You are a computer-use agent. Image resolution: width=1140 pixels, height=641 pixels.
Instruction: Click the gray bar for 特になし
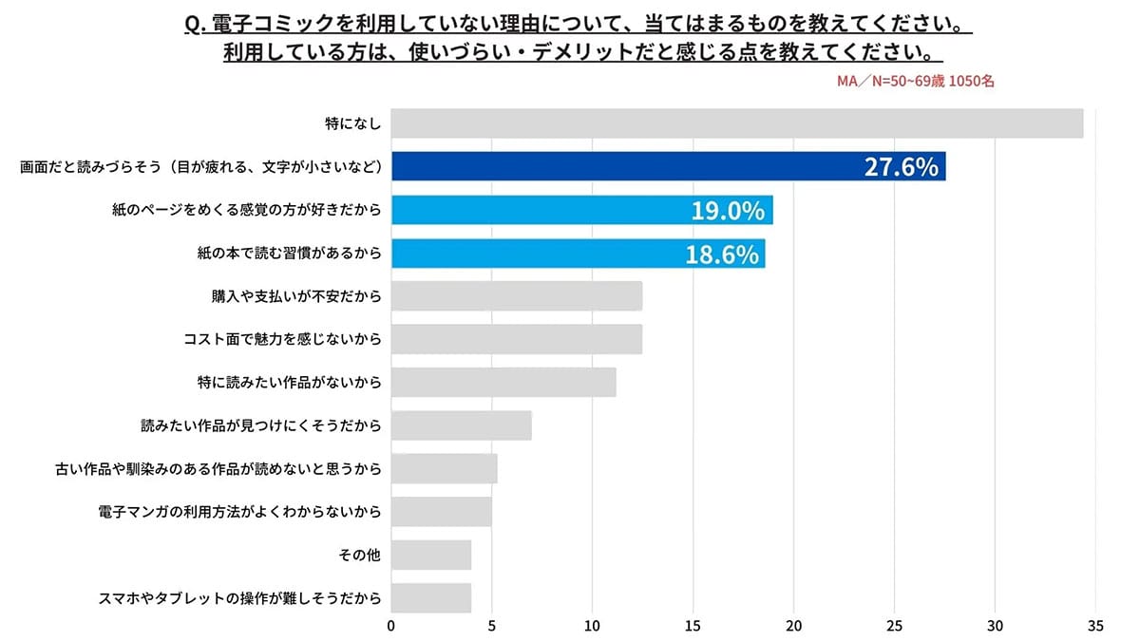736,123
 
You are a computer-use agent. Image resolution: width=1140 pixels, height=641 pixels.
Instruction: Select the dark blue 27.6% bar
668,166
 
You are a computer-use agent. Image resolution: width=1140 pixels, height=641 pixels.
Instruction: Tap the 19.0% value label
727,210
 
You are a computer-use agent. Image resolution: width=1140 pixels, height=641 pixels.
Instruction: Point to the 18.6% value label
721,254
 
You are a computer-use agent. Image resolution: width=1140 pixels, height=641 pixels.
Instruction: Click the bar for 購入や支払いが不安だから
516,296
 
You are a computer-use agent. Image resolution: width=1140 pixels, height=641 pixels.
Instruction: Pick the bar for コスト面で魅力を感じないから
516,339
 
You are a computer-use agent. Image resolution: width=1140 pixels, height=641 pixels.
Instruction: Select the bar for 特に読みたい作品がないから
503,382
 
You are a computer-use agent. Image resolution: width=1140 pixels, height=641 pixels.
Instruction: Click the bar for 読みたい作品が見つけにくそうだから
461,425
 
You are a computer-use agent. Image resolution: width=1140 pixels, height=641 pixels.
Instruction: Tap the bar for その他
430,555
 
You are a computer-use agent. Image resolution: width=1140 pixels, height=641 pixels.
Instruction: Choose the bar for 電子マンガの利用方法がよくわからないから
441,512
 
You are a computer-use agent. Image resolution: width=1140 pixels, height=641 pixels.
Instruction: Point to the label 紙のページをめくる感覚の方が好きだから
246,210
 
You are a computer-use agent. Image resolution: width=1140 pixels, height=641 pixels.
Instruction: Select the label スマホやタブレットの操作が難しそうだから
239,598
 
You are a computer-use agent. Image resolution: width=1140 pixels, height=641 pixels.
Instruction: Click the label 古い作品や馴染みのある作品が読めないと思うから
219,469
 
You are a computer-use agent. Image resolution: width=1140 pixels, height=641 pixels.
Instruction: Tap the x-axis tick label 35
1095,626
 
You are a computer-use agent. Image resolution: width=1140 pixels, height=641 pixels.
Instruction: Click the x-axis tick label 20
793,626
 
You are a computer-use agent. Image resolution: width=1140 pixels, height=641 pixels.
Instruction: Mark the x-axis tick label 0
391,626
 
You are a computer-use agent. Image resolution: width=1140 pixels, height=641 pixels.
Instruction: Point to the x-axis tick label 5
492,626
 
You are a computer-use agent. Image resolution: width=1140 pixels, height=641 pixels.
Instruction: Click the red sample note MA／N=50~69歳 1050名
916,82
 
